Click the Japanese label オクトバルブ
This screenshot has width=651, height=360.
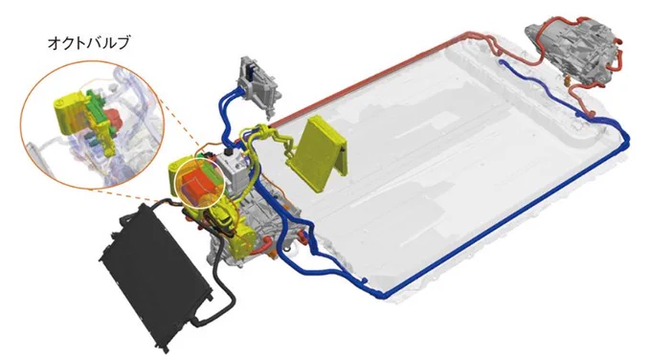pyautogui.click(x=89, y=43)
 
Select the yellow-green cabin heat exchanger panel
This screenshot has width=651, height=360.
pyautogui.click(x=322, y=152)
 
